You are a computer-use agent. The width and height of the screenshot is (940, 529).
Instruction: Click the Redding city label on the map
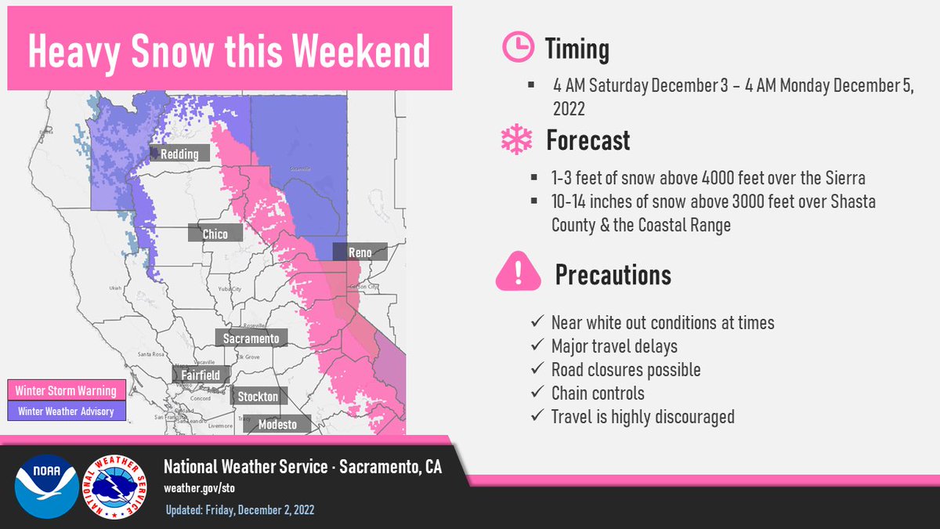click(x=179, y=154)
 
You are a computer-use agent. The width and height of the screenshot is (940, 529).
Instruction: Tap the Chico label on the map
click(x=215, y=234)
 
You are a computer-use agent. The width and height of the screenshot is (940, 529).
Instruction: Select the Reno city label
click(x=359, y=252)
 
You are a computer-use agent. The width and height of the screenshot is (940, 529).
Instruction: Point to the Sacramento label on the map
click(x=251, y=339)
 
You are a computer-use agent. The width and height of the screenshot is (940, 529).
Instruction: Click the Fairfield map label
click(x=201, y=375)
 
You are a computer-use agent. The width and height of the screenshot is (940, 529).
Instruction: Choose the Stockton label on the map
click(x=258, y=396)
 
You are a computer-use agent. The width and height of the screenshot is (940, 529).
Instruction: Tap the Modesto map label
click(x=277, y=424)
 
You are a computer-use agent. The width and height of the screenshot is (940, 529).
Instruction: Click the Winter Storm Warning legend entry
click(x=66, y=391)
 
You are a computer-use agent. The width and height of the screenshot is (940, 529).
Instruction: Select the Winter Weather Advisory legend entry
click(x=66, y=411)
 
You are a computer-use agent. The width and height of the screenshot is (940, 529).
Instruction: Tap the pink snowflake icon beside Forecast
click(x=516, y=140)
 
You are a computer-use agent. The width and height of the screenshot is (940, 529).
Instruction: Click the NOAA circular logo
click(x=46, y=487)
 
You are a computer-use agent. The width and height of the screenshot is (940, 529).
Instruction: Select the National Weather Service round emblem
click(x=117, y=487)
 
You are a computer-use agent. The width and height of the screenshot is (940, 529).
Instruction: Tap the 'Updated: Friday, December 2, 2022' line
click(x=240, y=510)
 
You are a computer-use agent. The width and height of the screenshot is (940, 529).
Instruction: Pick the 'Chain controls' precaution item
click(x=598, y=393)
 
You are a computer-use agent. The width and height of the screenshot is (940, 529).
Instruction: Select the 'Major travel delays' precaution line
click(x=614, y=346)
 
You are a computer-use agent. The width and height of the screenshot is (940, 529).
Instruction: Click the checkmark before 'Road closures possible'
click(x=537, y=369)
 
